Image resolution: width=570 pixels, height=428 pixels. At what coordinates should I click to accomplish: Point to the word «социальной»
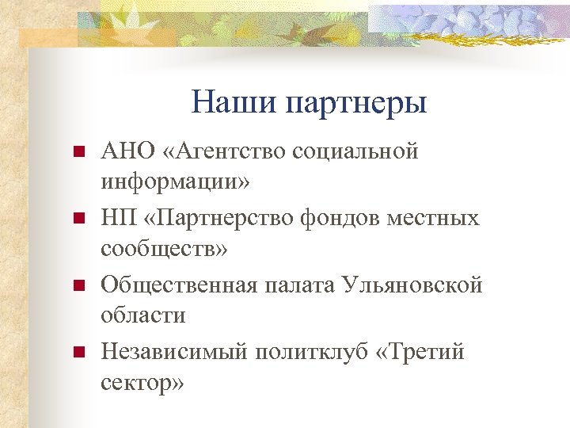(x=355, y=151)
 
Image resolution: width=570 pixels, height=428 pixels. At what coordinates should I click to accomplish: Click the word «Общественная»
(x=178, y=284)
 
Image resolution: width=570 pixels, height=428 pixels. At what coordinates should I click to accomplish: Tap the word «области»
(x=142, y=315)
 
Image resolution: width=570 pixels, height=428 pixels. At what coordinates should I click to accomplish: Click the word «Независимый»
(x=173, y=350)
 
